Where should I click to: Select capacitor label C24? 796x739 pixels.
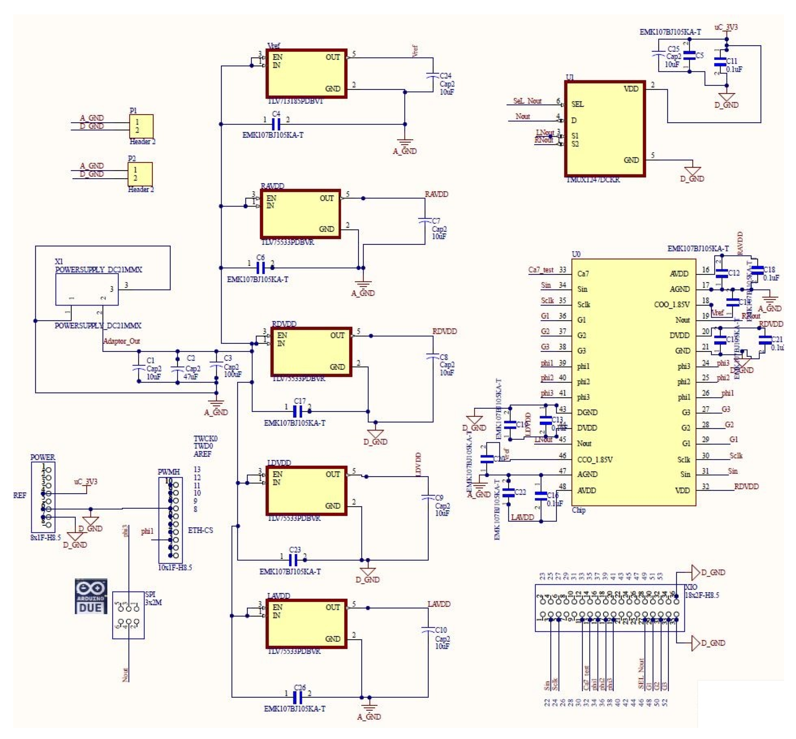click(445, 76)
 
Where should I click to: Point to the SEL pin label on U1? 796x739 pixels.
click(578, 104)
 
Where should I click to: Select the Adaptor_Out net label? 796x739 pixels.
click(122, 341)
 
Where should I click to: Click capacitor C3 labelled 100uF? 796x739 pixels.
click(216, 367)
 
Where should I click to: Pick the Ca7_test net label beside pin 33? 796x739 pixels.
click(541, 270)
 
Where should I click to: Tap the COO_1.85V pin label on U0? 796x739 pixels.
click(672, 305)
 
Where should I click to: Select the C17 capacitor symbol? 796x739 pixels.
click(297, 411)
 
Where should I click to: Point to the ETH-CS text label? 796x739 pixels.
click(200, 530)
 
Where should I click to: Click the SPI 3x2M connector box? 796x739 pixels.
click(128, 615)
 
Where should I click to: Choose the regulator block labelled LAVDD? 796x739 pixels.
click(306, 624)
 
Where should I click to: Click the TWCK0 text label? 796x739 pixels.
click(205, 438)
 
